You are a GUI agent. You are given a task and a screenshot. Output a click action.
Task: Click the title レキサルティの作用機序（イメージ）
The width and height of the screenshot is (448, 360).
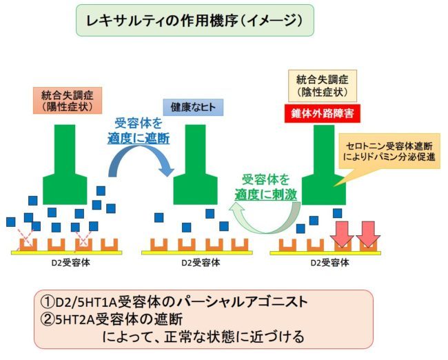[195, 21]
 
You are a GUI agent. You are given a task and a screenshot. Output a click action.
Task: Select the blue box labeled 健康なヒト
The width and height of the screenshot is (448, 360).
[190, 107]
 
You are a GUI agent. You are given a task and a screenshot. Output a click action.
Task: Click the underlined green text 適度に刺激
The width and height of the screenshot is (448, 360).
[268, 194]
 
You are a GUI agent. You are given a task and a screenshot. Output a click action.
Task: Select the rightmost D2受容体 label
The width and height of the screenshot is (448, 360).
[330, 263]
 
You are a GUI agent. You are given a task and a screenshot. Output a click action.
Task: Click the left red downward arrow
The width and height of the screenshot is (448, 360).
[343, 233]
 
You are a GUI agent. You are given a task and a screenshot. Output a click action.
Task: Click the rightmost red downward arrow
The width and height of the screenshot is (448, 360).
[369, 233]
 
